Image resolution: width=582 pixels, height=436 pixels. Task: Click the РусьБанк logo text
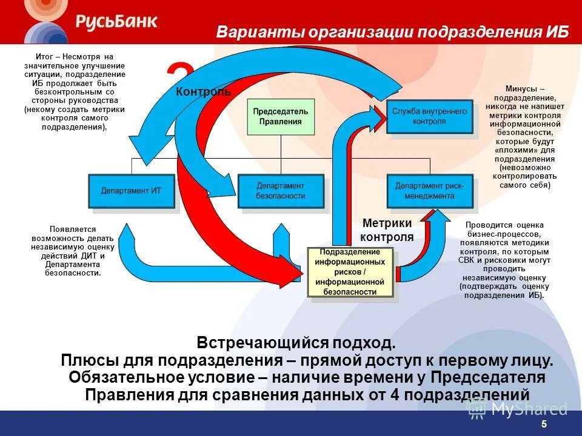(116, 22)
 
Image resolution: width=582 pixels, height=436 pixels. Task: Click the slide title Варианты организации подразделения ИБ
(392, 32)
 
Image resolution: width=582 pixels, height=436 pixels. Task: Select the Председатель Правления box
(280, 116)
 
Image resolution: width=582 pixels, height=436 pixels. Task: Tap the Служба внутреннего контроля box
(429, 116)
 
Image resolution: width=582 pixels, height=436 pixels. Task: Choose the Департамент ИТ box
(132, 191)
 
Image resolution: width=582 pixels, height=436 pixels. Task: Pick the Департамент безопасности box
(280, 191)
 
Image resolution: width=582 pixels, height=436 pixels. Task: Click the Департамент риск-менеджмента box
(429, 191)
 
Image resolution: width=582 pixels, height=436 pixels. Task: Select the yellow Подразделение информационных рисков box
(350, 272)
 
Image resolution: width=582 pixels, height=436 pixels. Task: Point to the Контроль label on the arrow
(203, 92)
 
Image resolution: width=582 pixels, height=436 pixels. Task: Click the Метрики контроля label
(387, 230)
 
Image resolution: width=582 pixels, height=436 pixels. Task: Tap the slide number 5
(544, 424)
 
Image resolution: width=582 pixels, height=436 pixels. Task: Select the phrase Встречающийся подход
(296, 343)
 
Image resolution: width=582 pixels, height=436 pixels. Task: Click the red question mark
(182, 76)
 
